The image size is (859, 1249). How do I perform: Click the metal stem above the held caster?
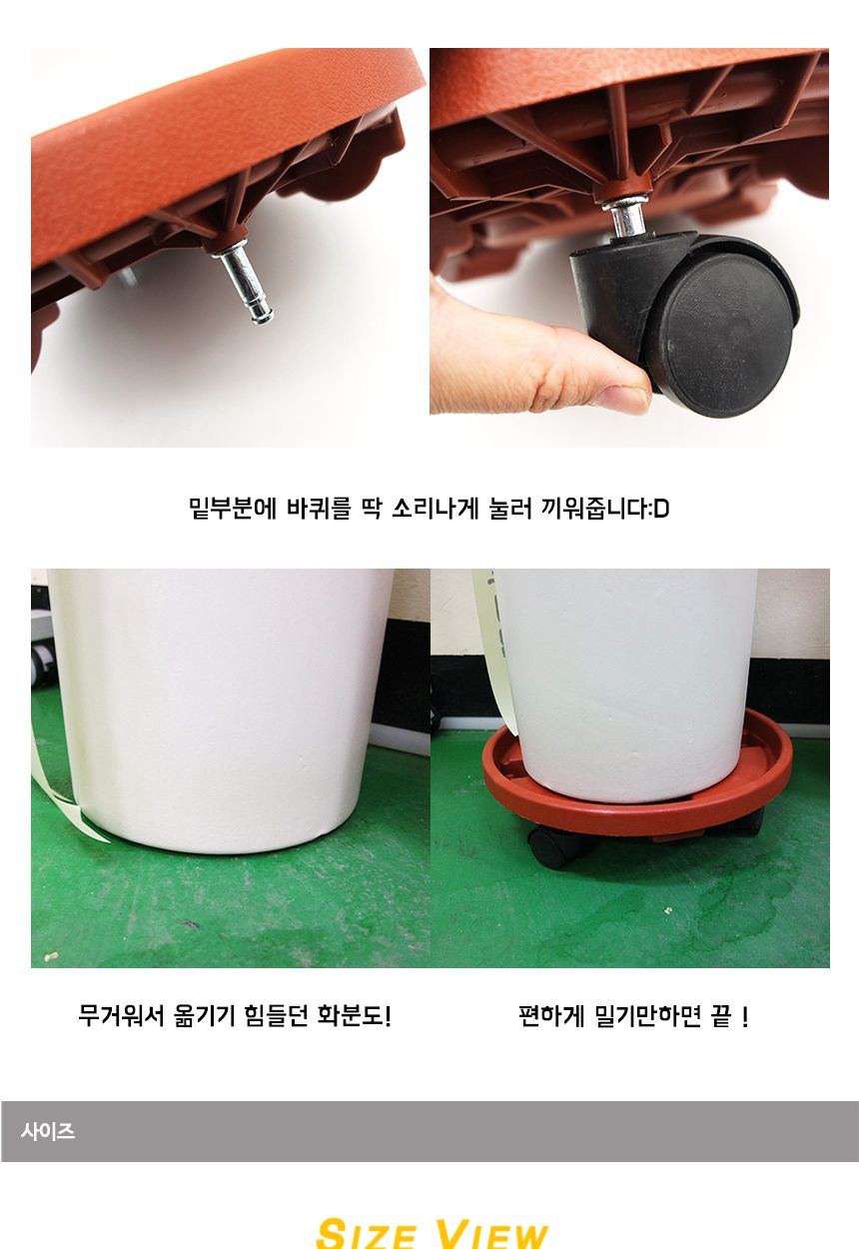(x=626, y=215)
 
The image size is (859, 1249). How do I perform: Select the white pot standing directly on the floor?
(x=220, y=709)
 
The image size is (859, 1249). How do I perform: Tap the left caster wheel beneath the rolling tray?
(x=551, y=846)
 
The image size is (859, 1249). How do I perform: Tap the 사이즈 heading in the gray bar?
(x=48, y=1132)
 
